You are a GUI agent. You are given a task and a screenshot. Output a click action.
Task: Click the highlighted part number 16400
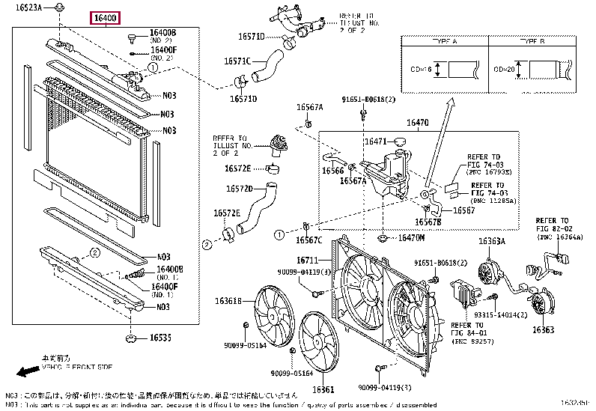(105, 17)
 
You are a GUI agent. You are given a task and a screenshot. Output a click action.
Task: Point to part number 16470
(417, 122)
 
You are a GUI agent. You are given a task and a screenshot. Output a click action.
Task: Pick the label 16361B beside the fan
(228, 301)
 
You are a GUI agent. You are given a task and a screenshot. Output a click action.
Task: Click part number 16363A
(492, 241)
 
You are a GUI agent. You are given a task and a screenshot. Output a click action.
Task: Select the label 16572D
(238, 189)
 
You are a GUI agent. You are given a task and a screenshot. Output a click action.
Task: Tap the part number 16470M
(410, 238)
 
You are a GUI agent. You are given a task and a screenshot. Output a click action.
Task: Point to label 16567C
(308, 240)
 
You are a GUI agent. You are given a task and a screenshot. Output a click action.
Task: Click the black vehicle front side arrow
(28, 371)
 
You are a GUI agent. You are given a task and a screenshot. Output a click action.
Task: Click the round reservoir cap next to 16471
(398, 141)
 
